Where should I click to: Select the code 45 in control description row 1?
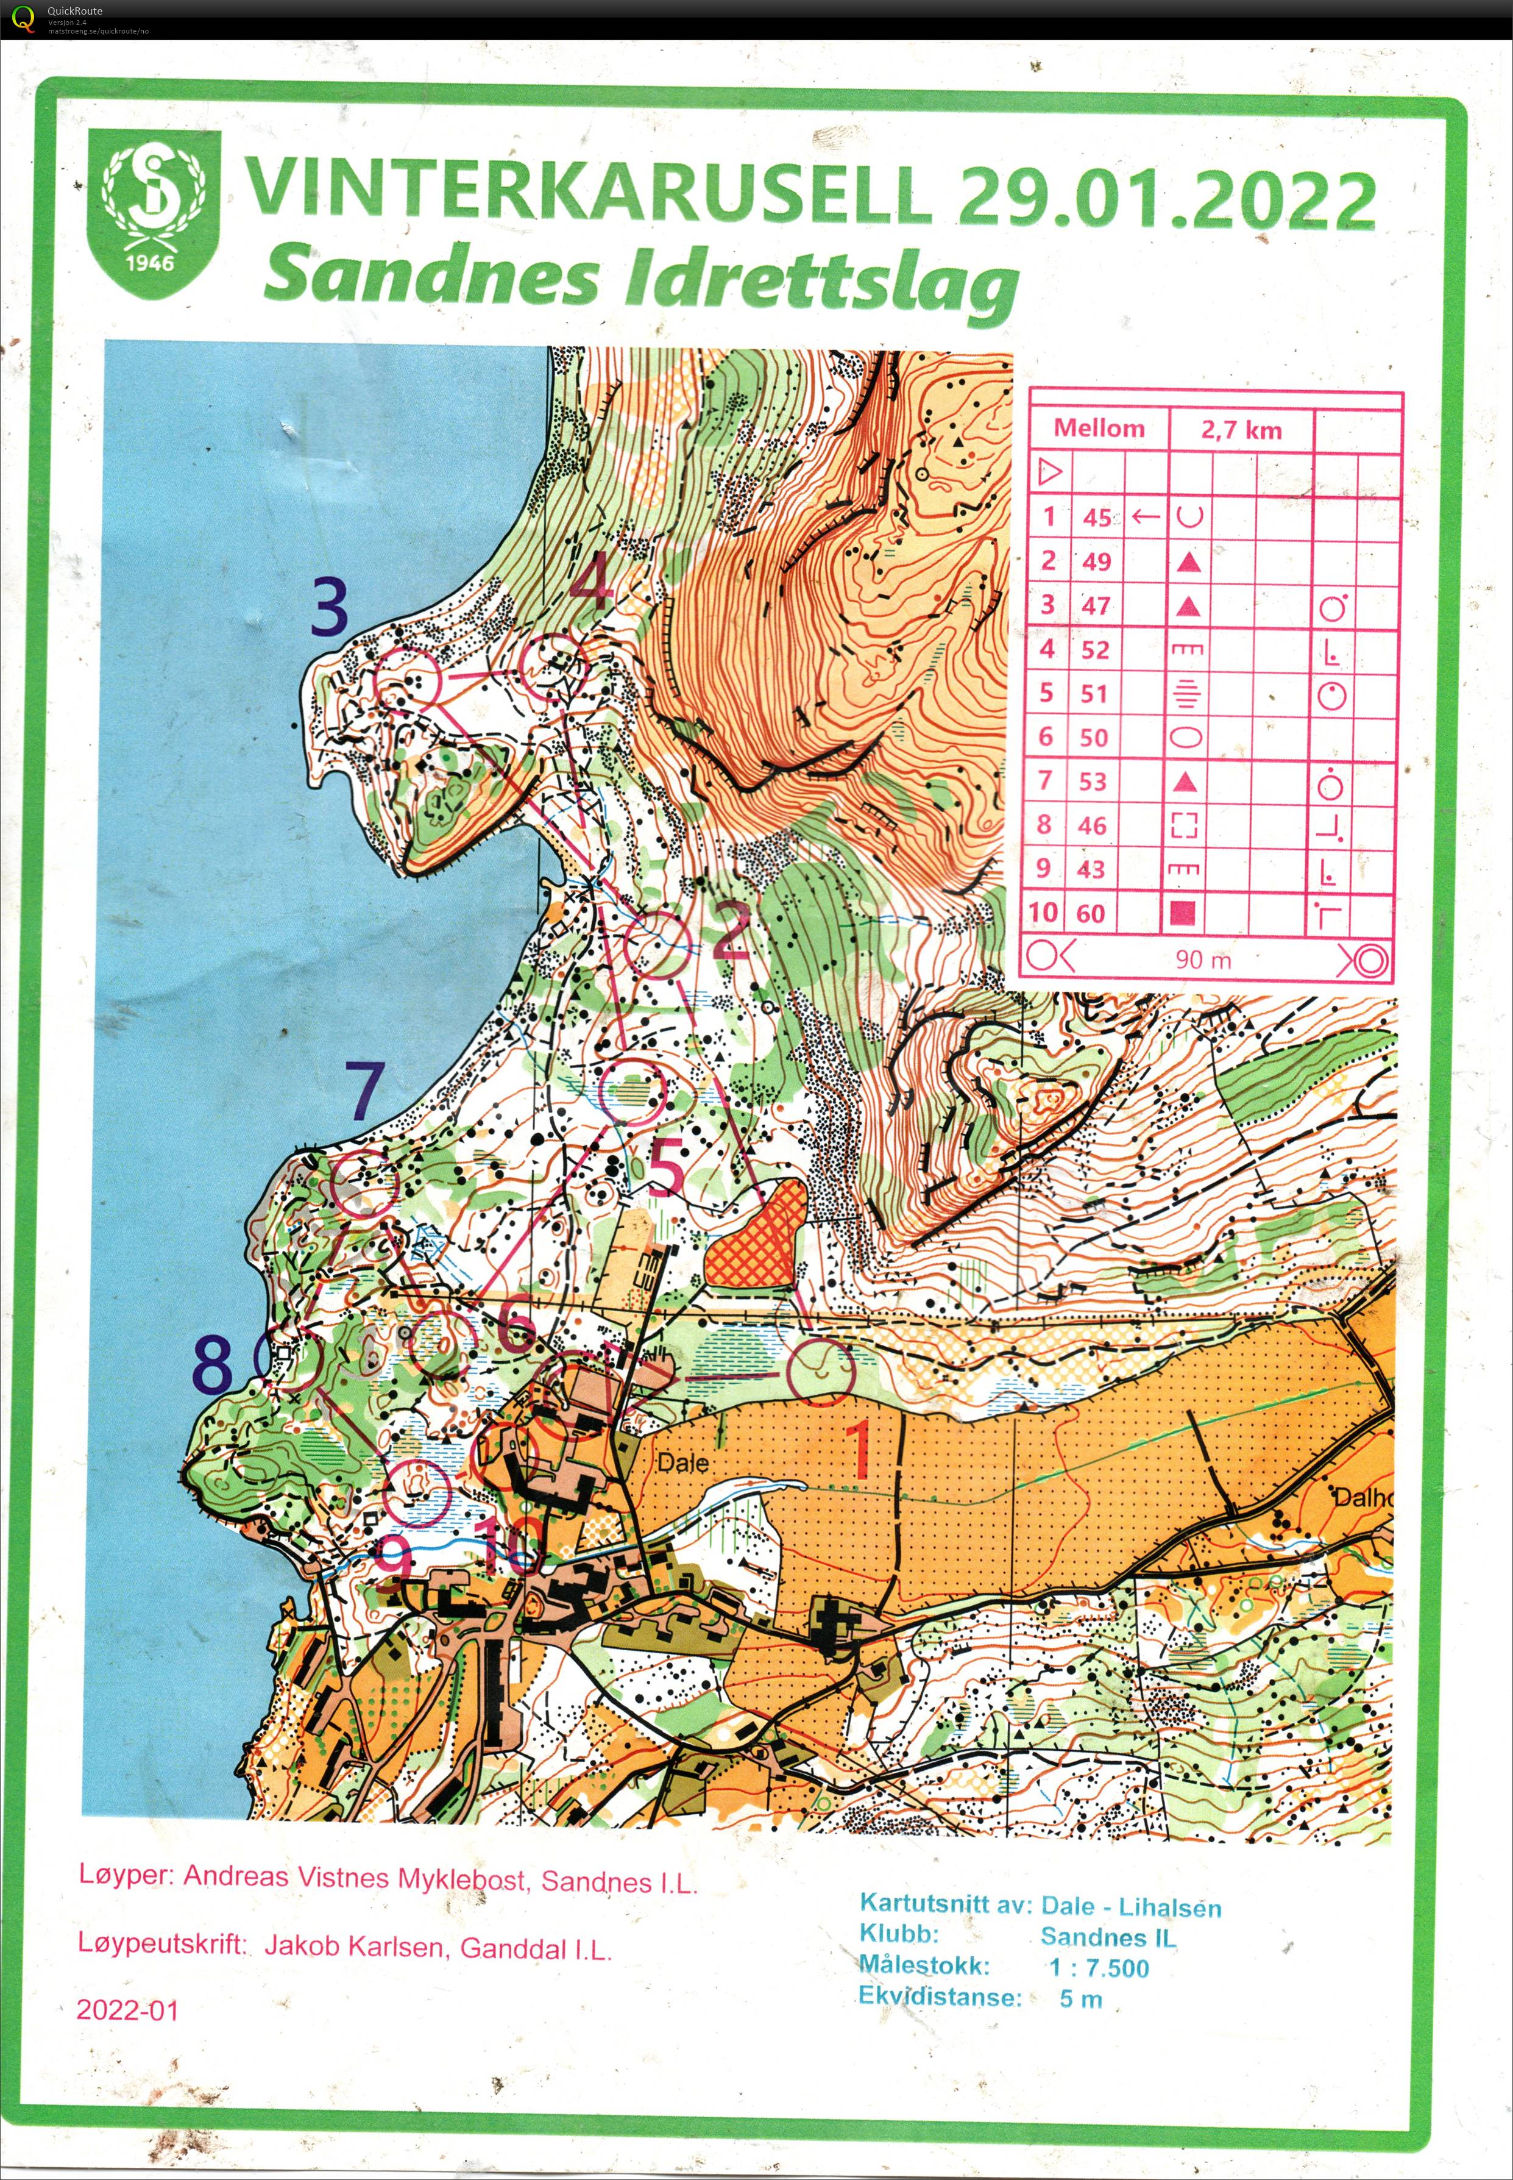click(x=1097, y=517)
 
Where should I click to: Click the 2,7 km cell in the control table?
click(x=1240, y=430)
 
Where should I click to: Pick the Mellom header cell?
click(x=1099, y=428)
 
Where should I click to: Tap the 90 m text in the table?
click(x=1202, y=959)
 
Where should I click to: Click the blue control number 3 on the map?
click(x=329, y=607)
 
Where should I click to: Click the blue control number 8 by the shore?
click(x=213, y=1366)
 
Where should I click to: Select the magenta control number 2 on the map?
click(x=730, y=930)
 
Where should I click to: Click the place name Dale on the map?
click(x=682, y=1462)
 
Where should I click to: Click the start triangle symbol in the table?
click(x=1049, y=471)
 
